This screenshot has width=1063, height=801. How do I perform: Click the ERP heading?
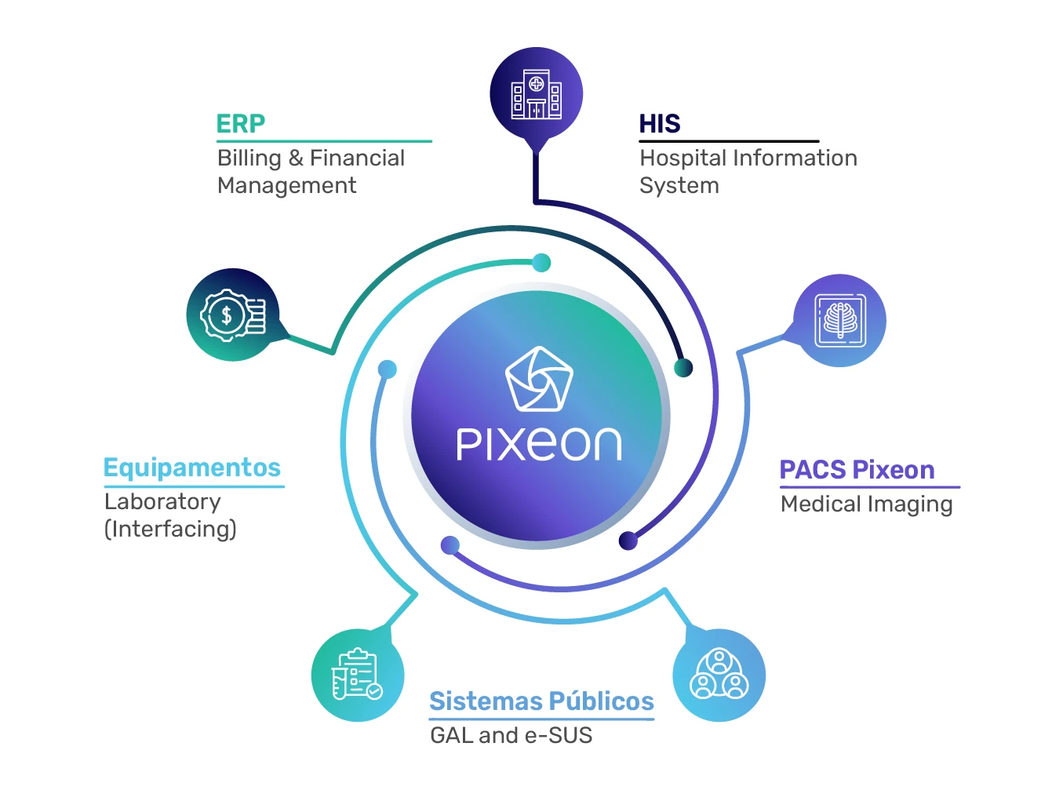(241, 124)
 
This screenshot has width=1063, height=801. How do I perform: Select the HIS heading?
(659, 124)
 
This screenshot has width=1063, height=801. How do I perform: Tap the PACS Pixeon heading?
(857, 470)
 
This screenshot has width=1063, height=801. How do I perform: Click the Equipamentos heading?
(192, 468)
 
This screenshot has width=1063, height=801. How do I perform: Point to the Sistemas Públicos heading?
(541, 701)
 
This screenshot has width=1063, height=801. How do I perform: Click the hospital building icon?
(537, 95)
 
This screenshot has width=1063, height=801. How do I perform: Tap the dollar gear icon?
(233, 315)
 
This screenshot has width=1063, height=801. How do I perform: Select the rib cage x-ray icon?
(839, 320)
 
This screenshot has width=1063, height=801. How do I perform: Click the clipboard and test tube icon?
(357, 674)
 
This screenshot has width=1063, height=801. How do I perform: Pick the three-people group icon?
(719, 674)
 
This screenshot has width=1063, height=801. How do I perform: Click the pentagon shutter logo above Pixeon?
(539, 380)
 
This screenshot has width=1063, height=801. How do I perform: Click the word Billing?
(249, 158)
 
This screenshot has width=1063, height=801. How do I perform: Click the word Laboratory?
(162, 501)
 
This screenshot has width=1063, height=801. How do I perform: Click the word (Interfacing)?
(170, 529)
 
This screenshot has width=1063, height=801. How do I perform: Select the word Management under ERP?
(286, 186)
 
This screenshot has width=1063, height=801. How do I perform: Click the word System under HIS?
(679, 186)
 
